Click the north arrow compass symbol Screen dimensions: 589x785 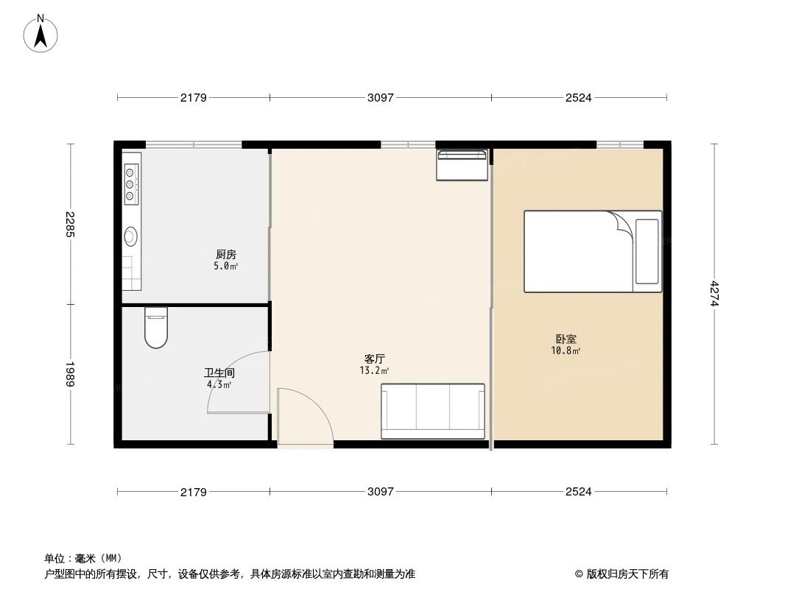tap(41, 32)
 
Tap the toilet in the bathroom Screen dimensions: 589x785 tap(155, 328)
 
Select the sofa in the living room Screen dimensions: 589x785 tap(432, 411)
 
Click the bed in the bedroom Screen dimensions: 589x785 tap(592, 251)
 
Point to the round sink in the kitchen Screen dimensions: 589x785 tap(131, 236)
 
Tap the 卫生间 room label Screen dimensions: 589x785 tap(219, 373)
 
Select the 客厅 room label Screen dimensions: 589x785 tap(375, 359)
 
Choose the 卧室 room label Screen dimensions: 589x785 tap(566, 339)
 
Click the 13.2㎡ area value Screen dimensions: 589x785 tap(375, 371)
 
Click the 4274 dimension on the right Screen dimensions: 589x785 tap(714, 294)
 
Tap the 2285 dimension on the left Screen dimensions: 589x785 tap(70, 224)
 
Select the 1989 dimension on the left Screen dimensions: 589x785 tap(70, 374)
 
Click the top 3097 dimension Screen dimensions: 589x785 tap(381, 97)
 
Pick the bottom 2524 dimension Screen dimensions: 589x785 tap(579, 491)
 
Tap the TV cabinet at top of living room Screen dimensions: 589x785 tap(462, 165)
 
